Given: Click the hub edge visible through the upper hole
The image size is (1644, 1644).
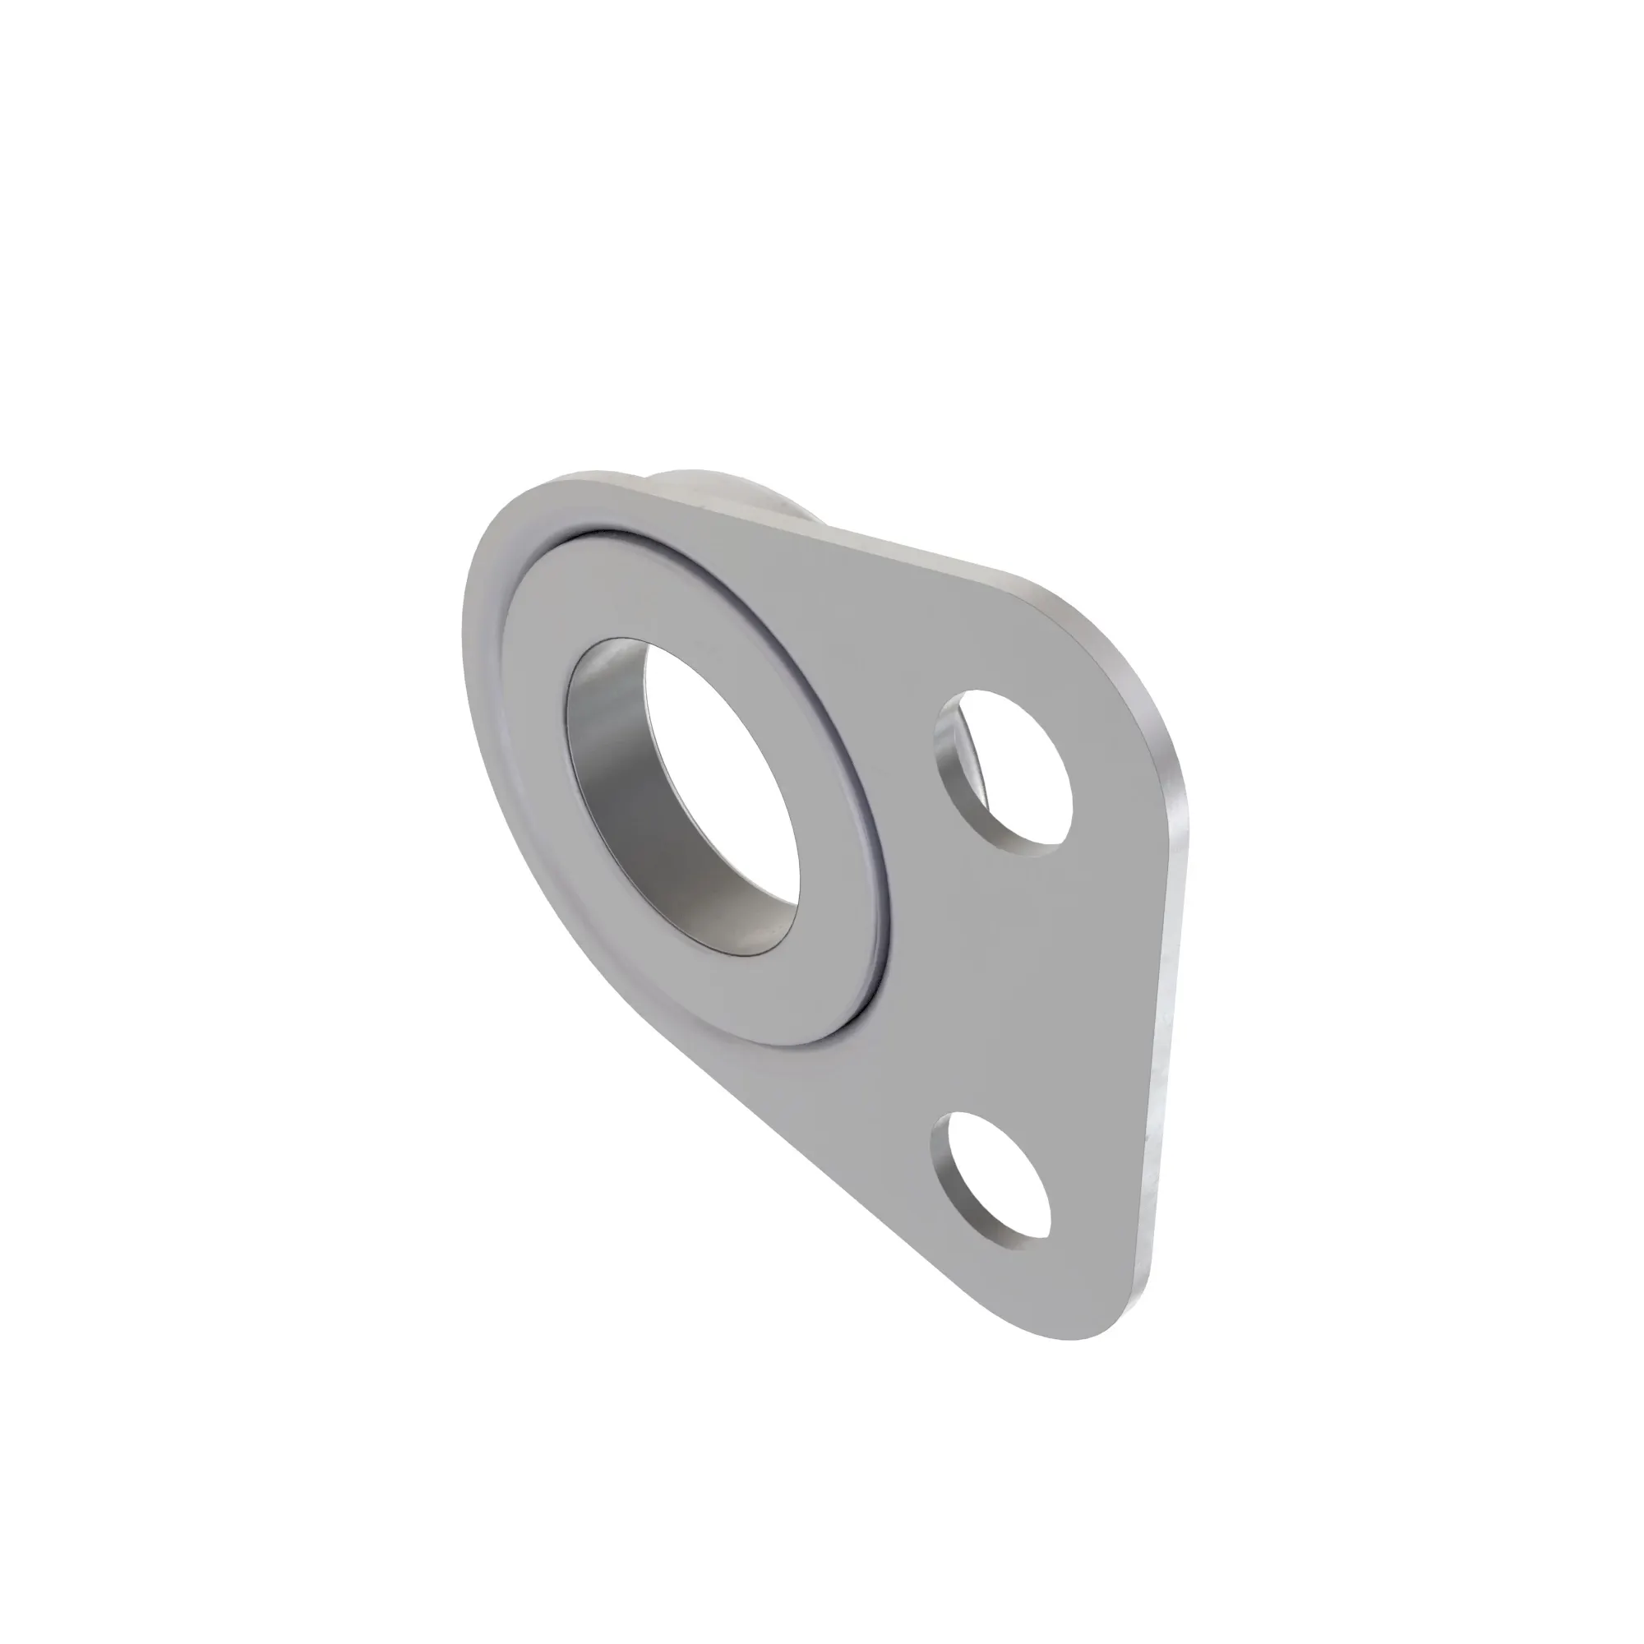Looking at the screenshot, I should (974, 749).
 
